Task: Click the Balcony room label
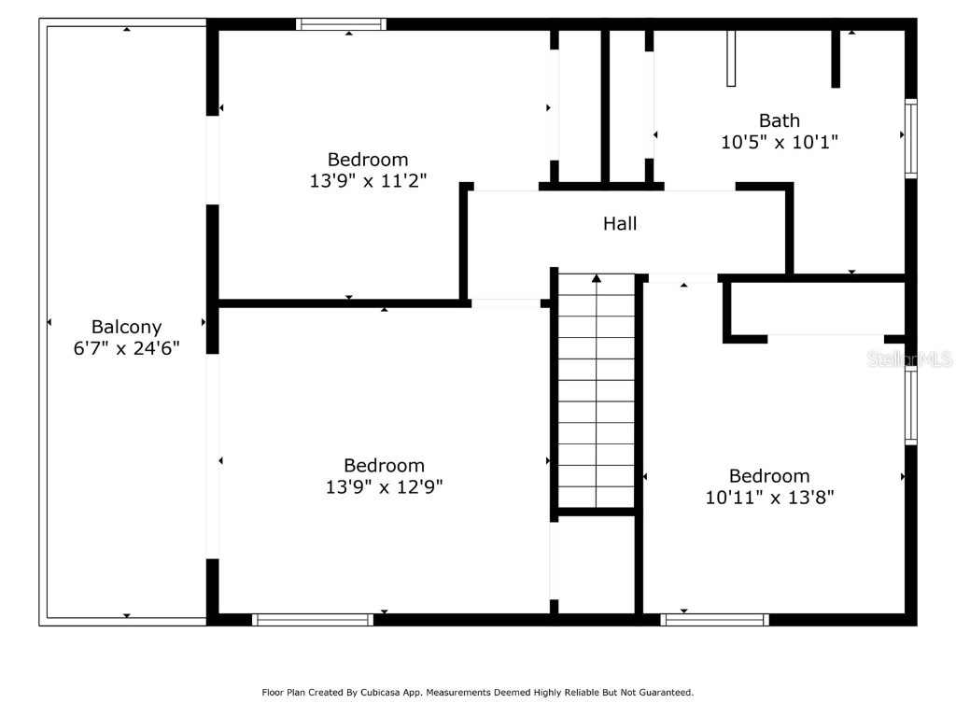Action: click(126, 327)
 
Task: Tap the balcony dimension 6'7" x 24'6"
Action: click(126, 348)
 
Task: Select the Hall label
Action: click(620, 223)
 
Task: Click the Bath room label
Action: click(779, 120)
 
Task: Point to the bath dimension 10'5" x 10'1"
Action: click(779, 142)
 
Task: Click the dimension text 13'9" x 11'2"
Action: click(367, 181)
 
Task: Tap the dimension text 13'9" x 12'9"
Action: click(384, 486)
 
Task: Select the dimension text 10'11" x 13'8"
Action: click(769, 498)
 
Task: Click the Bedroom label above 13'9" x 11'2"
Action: click(367, 160)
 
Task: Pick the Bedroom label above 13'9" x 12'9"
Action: click(384, 465)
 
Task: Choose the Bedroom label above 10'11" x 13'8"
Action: click(769, 476)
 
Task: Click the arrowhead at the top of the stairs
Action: click(597, 277)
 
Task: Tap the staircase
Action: click(597, 392)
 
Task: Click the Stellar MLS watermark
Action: click(909, 358)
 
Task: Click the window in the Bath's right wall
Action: click(911, 138)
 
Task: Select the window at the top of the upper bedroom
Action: click(341, 24)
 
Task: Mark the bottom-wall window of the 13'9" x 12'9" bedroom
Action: click(313, 619)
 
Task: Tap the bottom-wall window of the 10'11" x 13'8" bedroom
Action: click(715, 619)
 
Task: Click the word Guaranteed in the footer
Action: click(663, 693)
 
